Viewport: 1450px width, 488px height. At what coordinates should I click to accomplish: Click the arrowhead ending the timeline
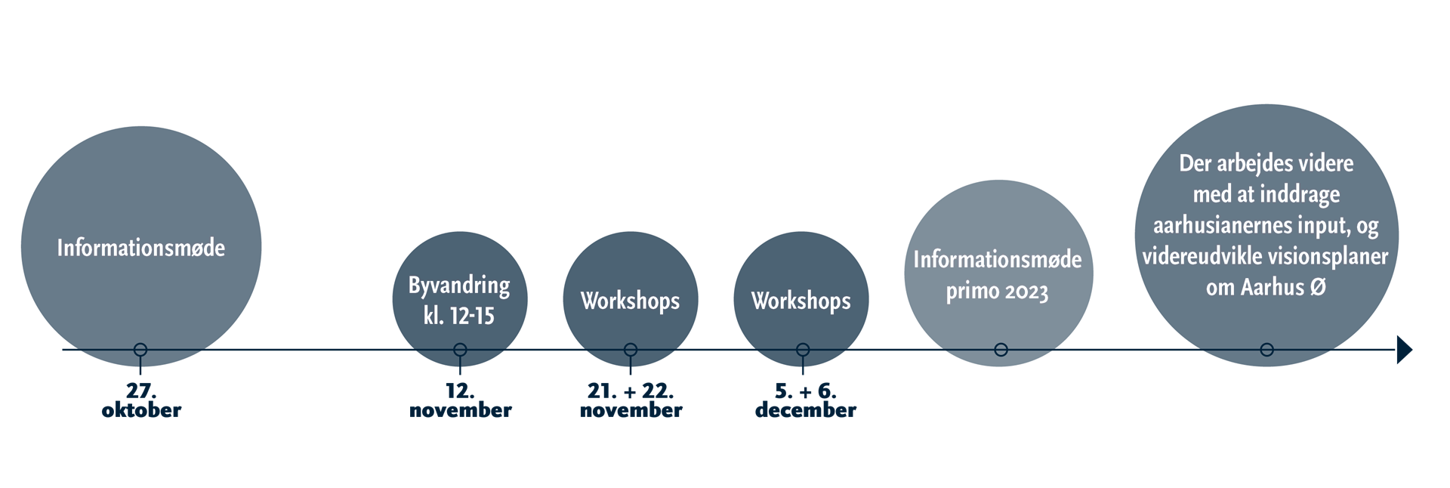click(1405, 350)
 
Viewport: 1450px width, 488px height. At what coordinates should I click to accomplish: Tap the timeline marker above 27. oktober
click(140, 350)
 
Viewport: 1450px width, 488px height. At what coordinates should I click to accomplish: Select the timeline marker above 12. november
click(460, 350)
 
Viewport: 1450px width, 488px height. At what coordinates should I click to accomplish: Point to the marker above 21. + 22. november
click(631, 350)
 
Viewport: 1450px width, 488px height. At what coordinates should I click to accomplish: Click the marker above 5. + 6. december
click(803, 350)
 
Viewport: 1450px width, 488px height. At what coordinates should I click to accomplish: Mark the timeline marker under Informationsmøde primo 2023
click(1001, 350)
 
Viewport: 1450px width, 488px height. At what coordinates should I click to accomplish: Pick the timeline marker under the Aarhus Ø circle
click(1267, 350)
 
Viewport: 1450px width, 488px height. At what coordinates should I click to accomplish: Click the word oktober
click(141, 410)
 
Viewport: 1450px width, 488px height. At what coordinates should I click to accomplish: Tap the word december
click(806, 410)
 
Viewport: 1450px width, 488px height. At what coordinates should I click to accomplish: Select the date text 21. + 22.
click(631, 391)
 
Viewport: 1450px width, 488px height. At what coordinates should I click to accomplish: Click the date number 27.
click(141, 391)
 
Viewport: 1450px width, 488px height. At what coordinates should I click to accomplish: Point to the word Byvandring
click(459, 286)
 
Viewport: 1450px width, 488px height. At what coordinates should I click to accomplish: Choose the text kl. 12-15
click(459, 315)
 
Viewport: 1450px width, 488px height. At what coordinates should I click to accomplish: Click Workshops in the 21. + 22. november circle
click(631, 301)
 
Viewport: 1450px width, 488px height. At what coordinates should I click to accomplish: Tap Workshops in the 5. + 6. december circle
click(801, 301)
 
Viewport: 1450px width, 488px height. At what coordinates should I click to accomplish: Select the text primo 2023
click(998, 291)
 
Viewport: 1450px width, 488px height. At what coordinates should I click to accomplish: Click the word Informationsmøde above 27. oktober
click(141, 248)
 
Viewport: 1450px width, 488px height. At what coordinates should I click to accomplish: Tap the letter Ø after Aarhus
click(1318, 287)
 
